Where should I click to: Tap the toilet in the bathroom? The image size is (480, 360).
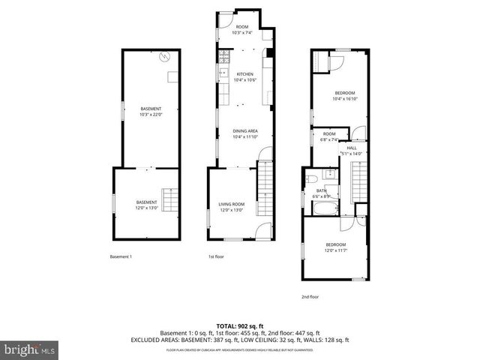(309, 178)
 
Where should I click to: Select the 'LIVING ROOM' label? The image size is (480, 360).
(232, 204)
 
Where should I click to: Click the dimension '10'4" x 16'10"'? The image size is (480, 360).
(345, 98)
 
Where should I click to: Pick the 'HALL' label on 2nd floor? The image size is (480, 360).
(351, 148)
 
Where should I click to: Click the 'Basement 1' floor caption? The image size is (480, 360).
(121, 257)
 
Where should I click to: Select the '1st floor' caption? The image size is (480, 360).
(216, 257)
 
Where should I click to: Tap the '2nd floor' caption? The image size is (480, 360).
(310, 297)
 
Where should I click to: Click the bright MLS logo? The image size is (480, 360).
(28, 349)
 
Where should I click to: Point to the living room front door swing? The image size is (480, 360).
(262, 232)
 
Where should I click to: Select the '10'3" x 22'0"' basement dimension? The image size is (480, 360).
(151, 114)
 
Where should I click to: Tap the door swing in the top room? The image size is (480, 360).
(227, 19)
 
